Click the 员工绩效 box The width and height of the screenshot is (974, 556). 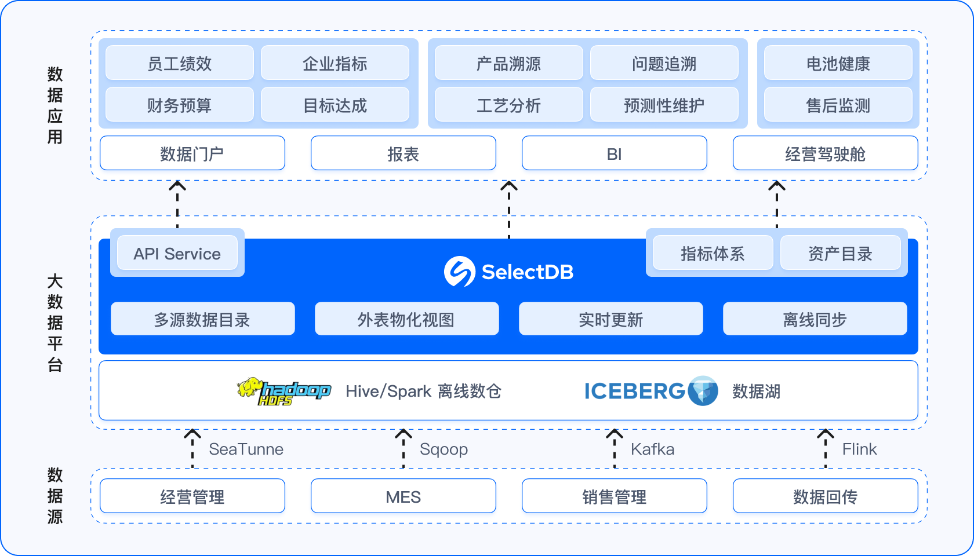180,63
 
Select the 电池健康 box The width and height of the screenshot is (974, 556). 838,63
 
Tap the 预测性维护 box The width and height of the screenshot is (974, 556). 664,105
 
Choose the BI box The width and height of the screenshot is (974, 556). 614,153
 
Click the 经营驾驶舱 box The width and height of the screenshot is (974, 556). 825,153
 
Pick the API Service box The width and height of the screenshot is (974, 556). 177,254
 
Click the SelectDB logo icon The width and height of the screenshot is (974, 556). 460,271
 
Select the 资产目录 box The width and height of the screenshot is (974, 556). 840,254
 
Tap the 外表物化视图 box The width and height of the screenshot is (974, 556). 406,319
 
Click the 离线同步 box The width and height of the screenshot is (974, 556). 815,319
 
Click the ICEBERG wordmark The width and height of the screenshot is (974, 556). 634,392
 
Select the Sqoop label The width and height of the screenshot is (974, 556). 444,449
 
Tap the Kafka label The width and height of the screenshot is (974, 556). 652,449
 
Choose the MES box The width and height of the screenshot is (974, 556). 403,496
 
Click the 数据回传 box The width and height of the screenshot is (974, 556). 825,496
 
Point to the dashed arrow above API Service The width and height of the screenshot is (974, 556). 177,204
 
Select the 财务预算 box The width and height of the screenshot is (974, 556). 180,105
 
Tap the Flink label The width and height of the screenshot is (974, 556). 859,449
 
